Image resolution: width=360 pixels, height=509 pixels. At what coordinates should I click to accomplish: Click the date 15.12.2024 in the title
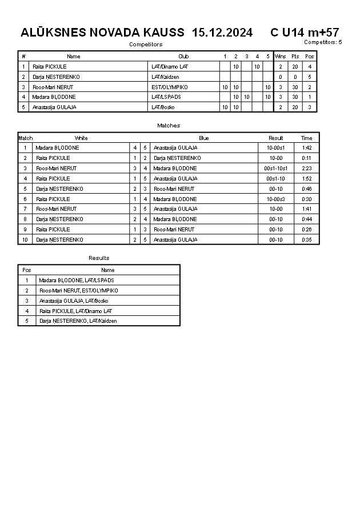[x=222, y=33]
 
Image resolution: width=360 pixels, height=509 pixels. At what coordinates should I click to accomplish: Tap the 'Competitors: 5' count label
[x=323, y=42]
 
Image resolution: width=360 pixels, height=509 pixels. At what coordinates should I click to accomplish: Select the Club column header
[x=183, y=57]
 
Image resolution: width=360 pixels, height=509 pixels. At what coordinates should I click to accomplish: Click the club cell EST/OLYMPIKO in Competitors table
[x=170, y=87]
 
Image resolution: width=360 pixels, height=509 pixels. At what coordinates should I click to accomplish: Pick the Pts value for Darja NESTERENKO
[x=295, y=77]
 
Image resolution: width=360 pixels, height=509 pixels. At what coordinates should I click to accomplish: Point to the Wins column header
[x=280, y=57]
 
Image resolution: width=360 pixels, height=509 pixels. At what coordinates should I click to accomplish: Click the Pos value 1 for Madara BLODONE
[x=310, y=97]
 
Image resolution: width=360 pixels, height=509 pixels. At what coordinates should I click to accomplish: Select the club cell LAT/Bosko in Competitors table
[x=162, y=107]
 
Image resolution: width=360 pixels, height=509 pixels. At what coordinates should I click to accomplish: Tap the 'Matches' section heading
[x=169, y=125]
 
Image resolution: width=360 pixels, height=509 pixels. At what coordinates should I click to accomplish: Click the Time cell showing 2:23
[x=307, y=169]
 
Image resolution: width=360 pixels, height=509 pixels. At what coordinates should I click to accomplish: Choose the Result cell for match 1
[x=276, y=148]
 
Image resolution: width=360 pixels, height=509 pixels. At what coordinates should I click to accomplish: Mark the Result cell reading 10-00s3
[x=276, y=199]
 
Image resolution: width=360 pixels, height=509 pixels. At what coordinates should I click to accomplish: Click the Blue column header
[x=204, y=138]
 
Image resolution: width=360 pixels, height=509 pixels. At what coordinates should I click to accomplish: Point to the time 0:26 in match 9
[x=307, y=230]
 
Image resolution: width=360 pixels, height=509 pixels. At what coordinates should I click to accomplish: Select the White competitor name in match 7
[x=56, y=209]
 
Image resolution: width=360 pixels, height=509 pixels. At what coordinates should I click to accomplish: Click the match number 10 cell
[x=25, y=240]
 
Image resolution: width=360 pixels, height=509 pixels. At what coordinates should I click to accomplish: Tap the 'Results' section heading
[x=99, y=258]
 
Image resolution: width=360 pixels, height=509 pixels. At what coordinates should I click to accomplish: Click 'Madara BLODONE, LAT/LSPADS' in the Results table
[x=77, y=280]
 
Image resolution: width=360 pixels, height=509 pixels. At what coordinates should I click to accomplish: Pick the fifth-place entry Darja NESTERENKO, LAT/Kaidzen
[x=78, y=321]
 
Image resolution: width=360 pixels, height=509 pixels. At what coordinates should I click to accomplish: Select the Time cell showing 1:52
[x=307, y=179]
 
